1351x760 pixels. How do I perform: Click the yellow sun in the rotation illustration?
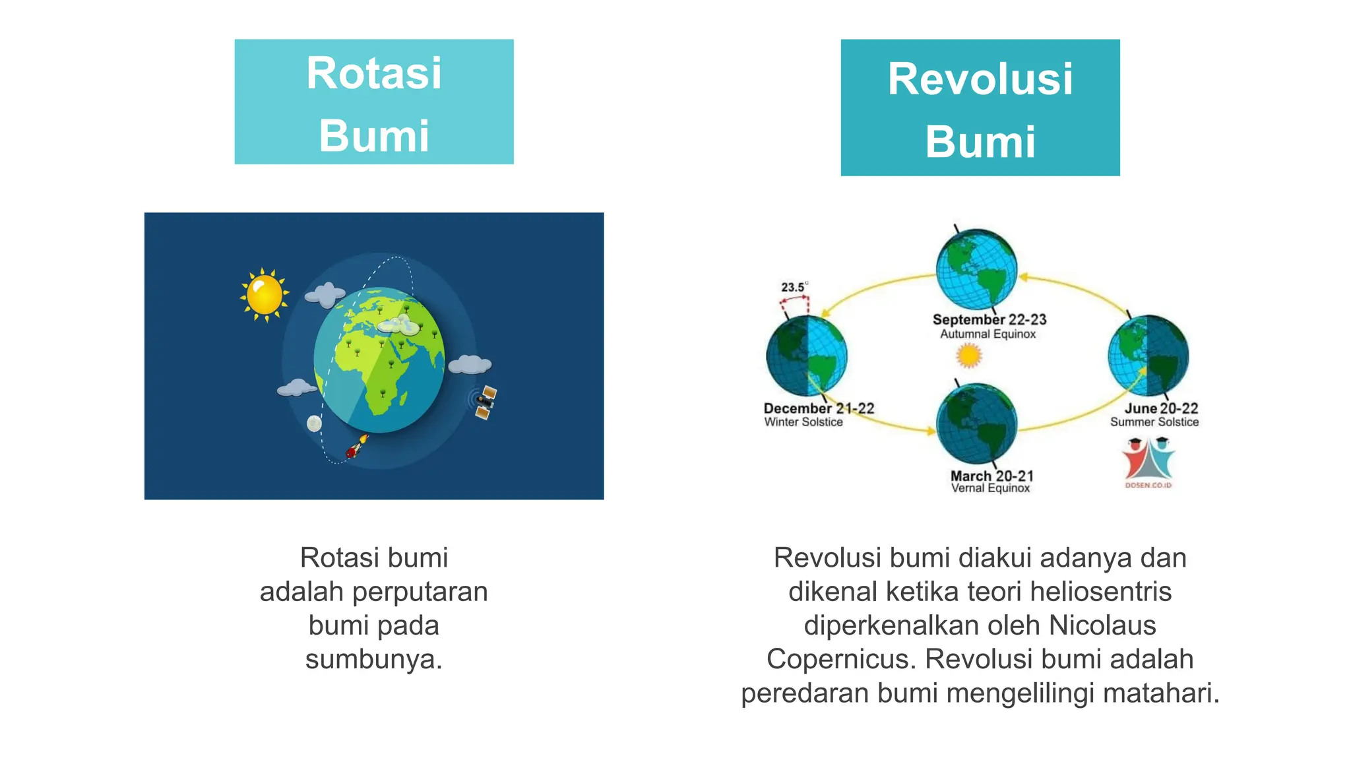pyautogui.click(x=265, y=295)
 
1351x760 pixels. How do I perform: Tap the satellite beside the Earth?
pyautogui.click(x=485, y=402)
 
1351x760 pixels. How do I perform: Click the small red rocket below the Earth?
pyautogui.click(x=356, y=448)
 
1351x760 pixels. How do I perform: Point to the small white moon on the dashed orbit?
pyautogui.click(x=315, y=424)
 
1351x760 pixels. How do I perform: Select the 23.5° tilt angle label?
pyautogui.click(x=793, y=288)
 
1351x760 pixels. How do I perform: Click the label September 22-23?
pyautogui.click(x=989, y=319)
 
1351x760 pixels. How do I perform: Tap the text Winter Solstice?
pyautogui.click(x=803, y=422)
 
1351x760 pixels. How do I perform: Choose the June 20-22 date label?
pyautogui.click(x=1160, y=408)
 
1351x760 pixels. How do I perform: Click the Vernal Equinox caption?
pyautogui.click(x=990, y=488)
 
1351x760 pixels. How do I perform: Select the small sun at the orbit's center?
pyautogui.click(x=969, y=356)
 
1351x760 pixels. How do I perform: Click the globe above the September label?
pyautogui.click(x=976, y=269)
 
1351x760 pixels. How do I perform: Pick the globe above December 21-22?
pyautogui.click(x=806, y=355)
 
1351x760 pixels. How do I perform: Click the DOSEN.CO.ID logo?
pyautogui.click(x=1148, y=462)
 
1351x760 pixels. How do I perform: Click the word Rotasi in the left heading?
pyautogui.click(x=373, y=73)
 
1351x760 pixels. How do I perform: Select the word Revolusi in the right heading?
pyautogui.click(x=980, y=79)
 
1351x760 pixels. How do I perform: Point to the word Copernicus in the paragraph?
pyautogui.click(x=840, y=659)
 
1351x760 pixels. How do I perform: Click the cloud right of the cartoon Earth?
pyautogui.click(x=469, y=364)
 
